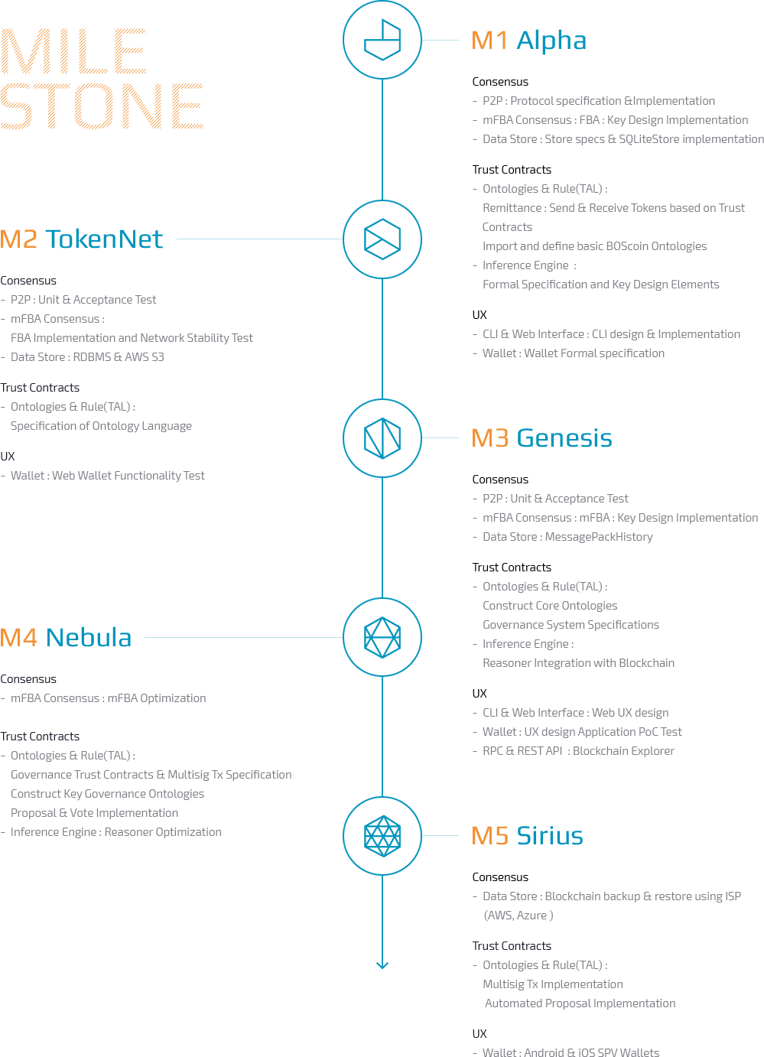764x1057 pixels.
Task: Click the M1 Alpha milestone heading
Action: point(528,41)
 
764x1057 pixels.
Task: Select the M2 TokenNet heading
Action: point(81,239)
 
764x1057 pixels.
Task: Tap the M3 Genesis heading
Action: point(541,438)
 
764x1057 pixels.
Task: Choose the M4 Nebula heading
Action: point(66,637)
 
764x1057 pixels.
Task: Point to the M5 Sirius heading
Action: point(527,836)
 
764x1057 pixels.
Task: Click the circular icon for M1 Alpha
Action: point(382,40)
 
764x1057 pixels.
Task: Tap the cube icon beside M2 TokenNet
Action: point(382,239)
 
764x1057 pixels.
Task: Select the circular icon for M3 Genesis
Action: point(382,437)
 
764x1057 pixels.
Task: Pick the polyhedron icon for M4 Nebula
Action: point(382,637)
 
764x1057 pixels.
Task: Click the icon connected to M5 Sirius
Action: point(382,835)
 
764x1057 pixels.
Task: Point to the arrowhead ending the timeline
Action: point(382,964)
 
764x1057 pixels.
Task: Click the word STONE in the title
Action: point(101,106)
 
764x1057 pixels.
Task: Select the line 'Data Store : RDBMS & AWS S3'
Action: point(87,357)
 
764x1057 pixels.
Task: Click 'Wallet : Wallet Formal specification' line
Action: point(573,353)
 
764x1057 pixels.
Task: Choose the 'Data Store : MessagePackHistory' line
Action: point(567,537)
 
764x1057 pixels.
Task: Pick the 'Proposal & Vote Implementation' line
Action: point(94,813)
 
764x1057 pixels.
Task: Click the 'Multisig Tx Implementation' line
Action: point(552,984)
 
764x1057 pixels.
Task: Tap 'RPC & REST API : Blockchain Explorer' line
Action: point(578,751)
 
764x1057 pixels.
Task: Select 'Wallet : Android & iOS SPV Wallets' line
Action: point(571,1052)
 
